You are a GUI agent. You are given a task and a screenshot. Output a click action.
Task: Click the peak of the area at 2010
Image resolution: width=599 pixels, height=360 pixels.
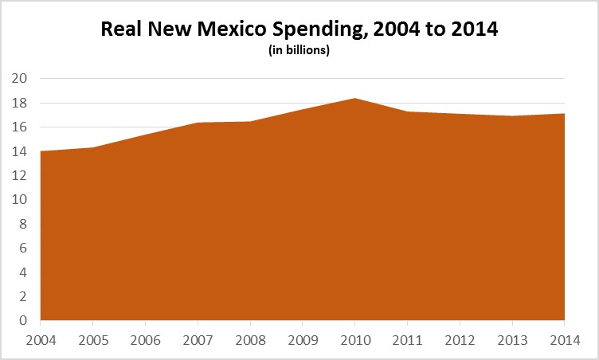coord(354,98)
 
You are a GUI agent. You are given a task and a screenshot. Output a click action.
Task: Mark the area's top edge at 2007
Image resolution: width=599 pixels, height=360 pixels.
coord(198,123)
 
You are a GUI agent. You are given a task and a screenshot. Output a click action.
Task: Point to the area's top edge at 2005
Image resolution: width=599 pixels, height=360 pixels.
coord(93,147)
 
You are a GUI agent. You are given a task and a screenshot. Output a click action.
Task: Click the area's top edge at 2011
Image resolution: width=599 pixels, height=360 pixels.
coord(407,112)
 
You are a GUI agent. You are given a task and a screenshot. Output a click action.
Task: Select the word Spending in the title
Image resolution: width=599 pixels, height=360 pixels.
coord(330,31)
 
